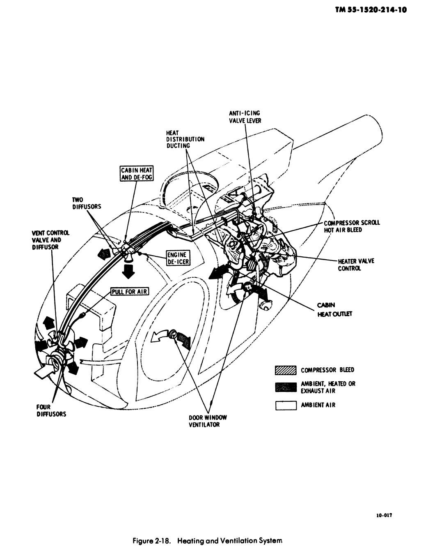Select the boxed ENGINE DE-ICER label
click(x=176, y=258)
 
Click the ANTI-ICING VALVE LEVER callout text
click(x=245, y=117)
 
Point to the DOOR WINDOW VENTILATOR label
click(x=208, y=421)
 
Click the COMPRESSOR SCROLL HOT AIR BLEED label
click(x=352, y=226)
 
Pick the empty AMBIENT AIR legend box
click(x=286, y=405)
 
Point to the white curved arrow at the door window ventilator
click(x=159, y=336)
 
